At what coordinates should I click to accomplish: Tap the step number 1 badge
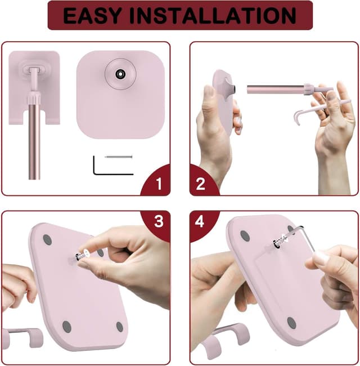[x=158, y=184]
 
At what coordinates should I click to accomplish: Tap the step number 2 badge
[x=200, y=184]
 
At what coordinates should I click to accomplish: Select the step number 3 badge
[x=159, y=221]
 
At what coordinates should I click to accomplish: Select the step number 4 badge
[x=200, y=221]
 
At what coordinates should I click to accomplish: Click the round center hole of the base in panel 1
[x=121, y=74]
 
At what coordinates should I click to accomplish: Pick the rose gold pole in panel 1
[x=34, y=141]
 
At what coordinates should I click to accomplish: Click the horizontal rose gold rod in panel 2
[x=276, y=89]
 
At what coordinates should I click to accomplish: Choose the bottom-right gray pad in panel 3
[x=119, y=327]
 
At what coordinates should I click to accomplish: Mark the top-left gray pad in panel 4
[x=245, y=235]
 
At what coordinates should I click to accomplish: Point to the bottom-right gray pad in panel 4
[x=291, y=323]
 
